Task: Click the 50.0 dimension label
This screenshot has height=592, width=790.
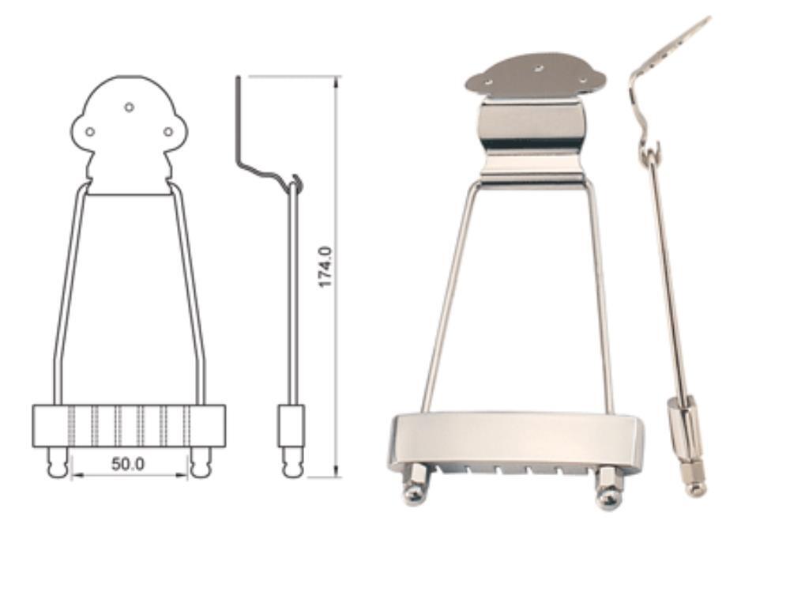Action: [x=128, y=464]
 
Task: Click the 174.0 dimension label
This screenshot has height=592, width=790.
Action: [x=325, y=266]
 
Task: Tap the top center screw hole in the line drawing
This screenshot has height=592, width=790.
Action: [x=129, y=107]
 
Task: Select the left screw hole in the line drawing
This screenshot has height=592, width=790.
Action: [x=90, y=132]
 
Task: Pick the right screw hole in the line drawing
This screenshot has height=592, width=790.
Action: [x=168, y=132]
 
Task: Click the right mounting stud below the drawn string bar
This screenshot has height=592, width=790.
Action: [x=201, y=462]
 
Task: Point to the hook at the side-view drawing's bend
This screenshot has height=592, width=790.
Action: [x=297, y=182]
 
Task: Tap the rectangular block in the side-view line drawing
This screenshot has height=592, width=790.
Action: [x=292, y=426]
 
